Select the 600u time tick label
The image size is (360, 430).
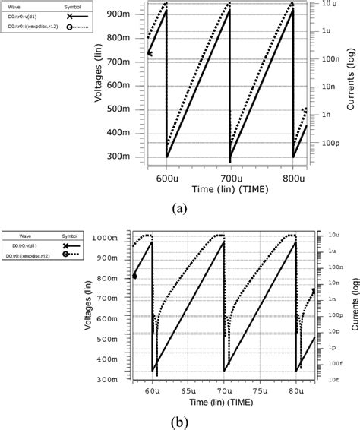[x=166, y=178]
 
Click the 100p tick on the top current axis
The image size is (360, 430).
[x=330, y=143]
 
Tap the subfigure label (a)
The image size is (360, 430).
[x=179, y=206]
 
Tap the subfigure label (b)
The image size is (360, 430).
[x=179, y=417]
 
